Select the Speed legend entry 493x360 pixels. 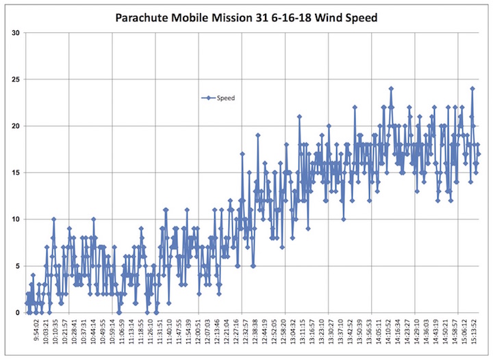click(226, 98)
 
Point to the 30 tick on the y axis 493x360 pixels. click(15, 33)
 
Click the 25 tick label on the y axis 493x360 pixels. click(15, 79)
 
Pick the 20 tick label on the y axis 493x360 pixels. click(15, 126)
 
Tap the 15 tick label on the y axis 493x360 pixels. click(15, 172)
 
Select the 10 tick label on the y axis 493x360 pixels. click(15, 219)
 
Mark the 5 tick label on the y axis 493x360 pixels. click(17, 266)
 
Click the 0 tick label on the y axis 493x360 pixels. click(17, 313)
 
